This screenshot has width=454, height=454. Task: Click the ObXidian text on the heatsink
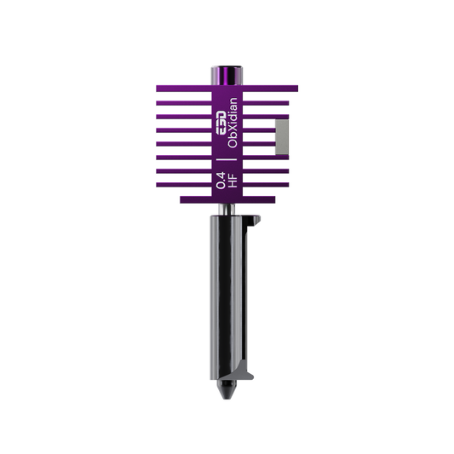point(233,123)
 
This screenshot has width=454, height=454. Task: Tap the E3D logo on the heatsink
point(221,123)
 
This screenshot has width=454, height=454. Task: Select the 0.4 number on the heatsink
point(221,180)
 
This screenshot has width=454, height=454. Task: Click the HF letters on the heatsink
point(233,181)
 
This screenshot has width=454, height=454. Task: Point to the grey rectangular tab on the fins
point(282,136)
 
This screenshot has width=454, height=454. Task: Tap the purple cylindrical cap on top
point(227,76)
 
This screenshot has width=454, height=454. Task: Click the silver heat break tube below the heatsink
point(227,209)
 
